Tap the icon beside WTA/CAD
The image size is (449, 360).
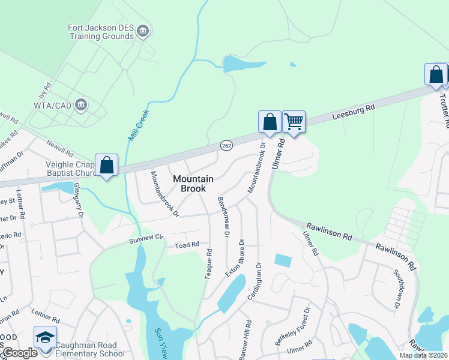coord(82,106)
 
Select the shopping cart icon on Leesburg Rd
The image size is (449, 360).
coord(294,122)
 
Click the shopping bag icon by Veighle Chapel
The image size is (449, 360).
coord(106,165)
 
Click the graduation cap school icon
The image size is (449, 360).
coord(45,338)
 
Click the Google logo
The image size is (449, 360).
coord(20,353)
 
